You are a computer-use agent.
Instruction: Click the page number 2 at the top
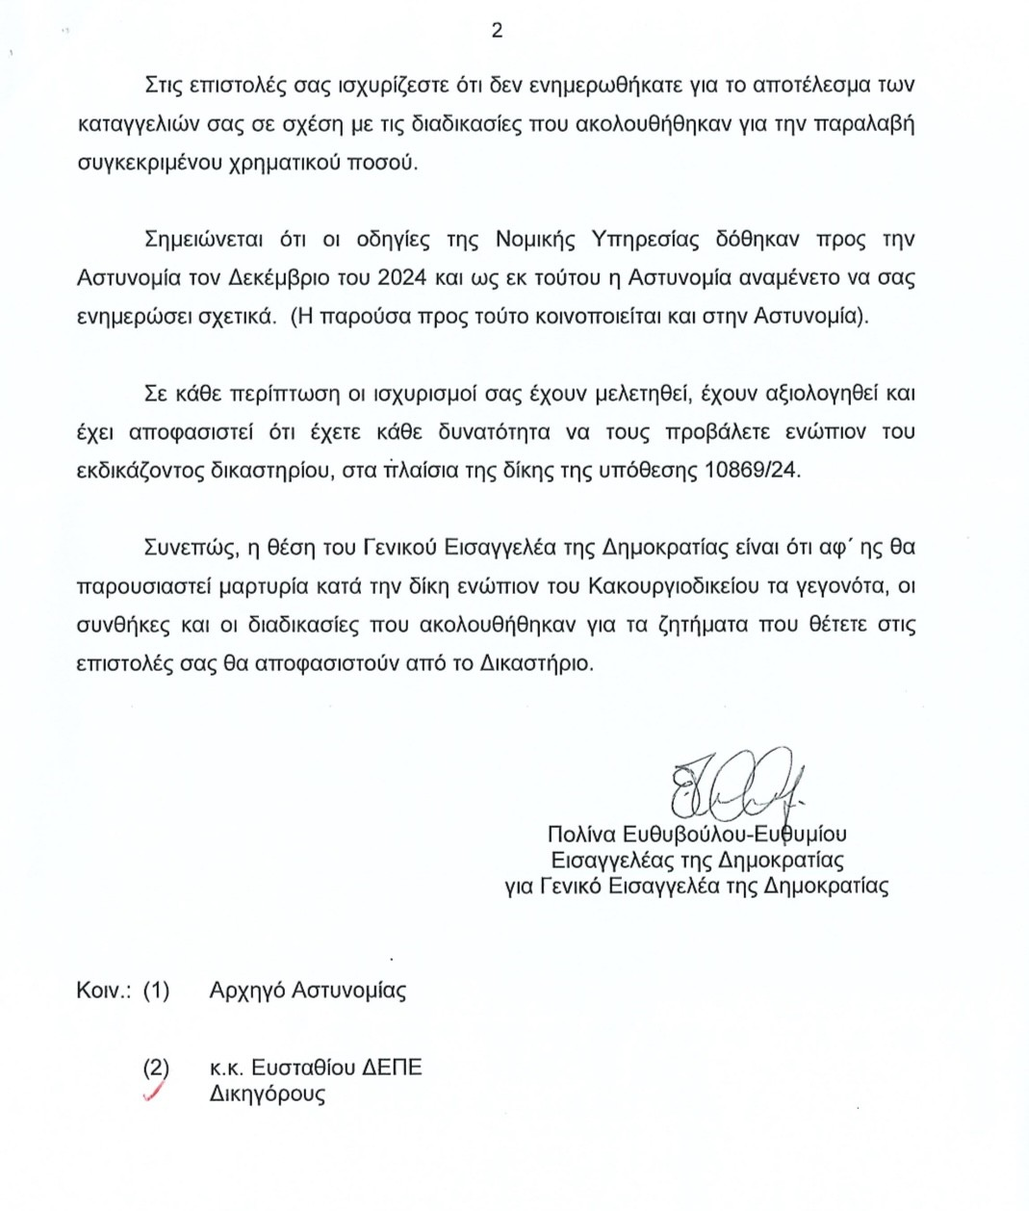pyautogui.click(x=497, y=31)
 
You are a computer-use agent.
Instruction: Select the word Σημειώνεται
pyautogui.click(x=206, y=239)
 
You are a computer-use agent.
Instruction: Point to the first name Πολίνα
pyautogui.click(x=581, y=834)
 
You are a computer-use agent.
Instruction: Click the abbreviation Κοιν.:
pyautogui.click(x=103, y=991)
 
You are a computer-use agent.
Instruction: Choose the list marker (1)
pyautogui.click(x=156, y=991)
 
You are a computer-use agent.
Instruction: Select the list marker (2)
pyautogui.click(x=156, y=1068)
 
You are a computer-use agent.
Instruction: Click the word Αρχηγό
pyautogui.click(x=246, y=991)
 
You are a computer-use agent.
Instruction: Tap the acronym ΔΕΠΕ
pyautogui.click(x=391, y=1068)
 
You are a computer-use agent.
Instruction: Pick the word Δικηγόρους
pyautogui.click(x=267, y=1094)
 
